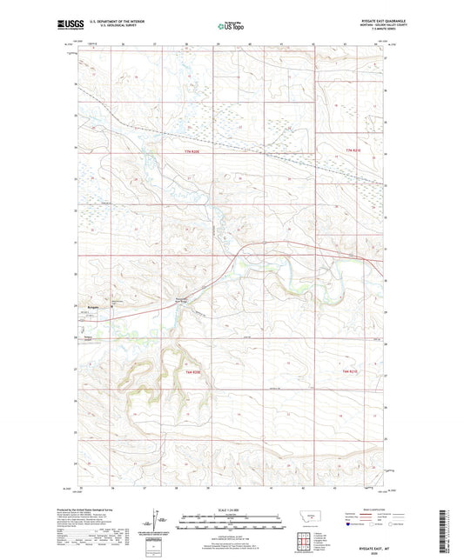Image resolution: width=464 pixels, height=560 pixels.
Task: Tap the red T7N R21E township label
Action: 353,154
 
